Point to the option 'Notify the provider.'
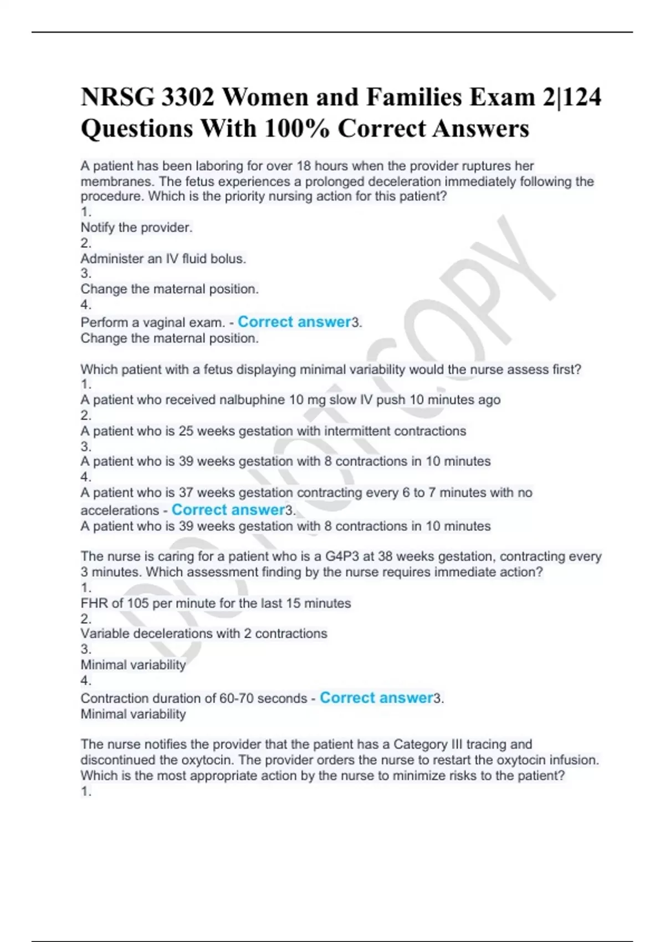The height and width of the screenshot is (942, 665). [x=136, y=227]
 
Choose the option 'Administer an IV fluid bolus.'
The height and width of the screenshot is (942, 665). [x=163, y=258]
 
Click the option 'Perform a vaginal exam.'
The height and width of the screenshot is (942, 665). [x=152, y=322]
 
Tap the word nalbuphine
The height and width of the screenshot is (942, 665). [x=252, y=400]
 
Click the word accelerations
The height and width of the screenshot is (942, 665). [x=120, y=510]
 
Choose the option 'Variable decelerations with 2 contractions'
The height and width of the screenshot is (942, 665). [x=204, y=633]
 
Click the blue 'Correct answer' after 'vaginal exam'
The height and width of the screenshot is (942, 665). [x=294, y=322]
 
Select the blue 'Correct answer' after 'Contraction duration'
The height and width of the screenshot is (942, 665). [x=376, y=698]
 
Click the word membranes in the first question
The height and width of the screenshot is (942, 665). [x=116, y=181]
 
